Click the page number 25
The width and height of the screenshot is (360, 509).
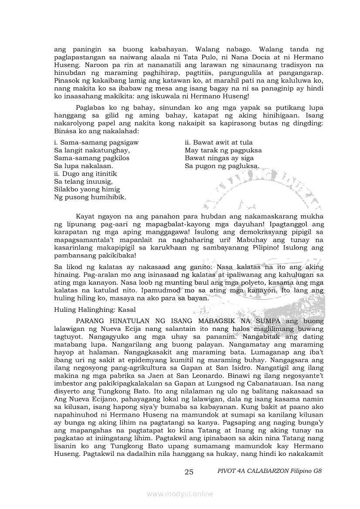[189, 472]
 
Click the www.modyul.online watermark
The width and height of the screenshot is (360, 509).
[180, 494]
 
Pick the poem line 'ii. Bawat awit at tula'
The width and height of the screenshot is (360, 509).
[218, 142]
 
